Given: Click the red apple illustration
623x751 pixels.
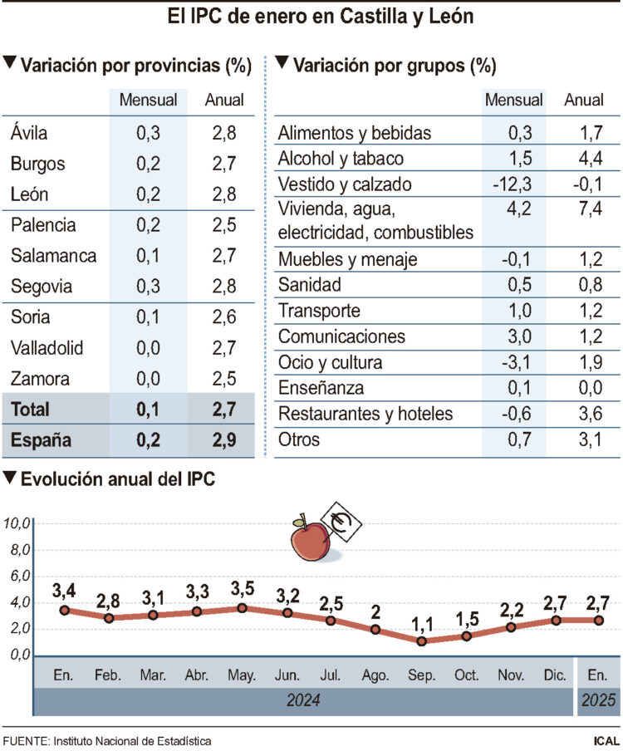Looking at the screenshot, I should pos(311,541).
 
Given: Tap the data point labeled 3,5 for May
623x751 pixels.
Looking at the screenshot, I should pos(242,608).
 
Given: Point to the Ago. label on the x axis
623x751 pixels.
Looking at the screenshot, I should pos(375,674).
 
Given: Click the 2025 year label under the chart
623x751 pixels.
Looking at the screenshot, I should pos(598,702).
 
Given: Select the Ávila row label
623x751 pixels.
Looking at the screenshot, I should pos(29,132).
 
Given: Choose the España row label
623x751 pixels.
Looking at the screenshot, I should pos(41,440).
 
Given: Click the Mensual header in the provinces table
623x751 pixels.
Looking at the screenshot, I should pos(149,101).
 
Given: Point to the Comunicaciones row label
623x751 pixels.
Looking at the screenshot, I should pos(341,336).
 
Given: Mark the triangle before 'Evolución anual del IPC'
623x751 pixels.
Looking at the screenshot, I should pos(10,479).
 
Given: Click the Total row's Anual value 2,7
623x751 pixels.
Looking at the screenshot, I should pos(223,409).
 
